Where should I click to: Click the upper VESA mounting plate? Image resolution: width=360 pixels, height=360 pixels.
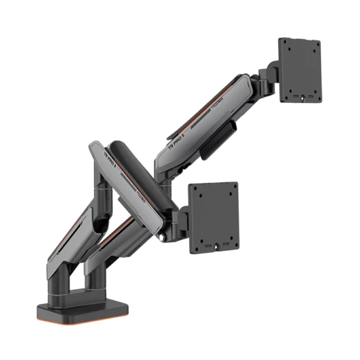(x=299, y=69)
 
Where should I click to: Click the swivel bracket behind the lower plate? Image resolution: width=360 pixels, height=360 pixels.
(x=180, y=215)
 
